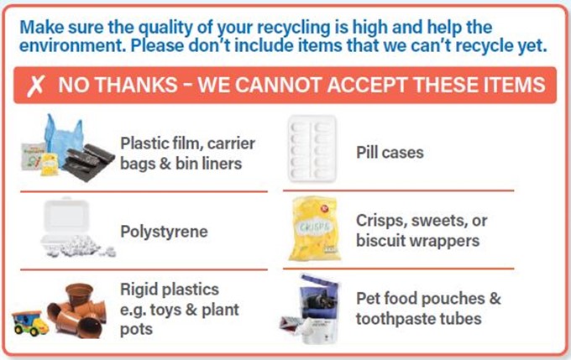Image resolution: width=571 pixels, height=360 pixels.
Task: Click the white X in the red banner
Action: [x=35, y=86]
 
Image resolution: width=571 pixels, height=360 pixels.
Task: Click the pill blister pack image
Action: [x=312, y=149]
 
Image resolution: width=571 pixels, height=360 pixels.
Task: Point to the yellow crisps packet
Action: [x=314, y=228]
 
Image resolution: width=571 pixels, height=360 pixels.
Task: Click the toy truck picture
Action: [x=30, y=323]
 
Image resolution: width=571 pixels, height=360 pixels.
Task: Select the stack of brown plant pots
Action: [x=77, y=310]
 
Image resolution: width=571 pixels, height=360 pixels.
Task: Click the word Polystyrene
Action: [x=164, y=232]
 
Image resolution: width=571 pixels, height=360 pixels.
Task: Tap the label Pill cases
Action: [x=390, y=152]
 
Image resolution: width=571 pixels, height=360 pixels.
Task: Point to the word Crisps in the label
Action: [x=380, y=221]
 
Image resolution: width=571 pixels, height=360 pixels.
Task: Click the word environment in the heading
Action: [x=71, y=45]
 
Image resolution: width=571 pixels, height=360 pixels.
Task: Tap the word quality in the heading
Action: [x=167, y=28]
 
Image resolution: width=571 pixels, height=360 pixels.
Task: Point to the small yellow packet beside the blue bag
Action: [x=50, y=164]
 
